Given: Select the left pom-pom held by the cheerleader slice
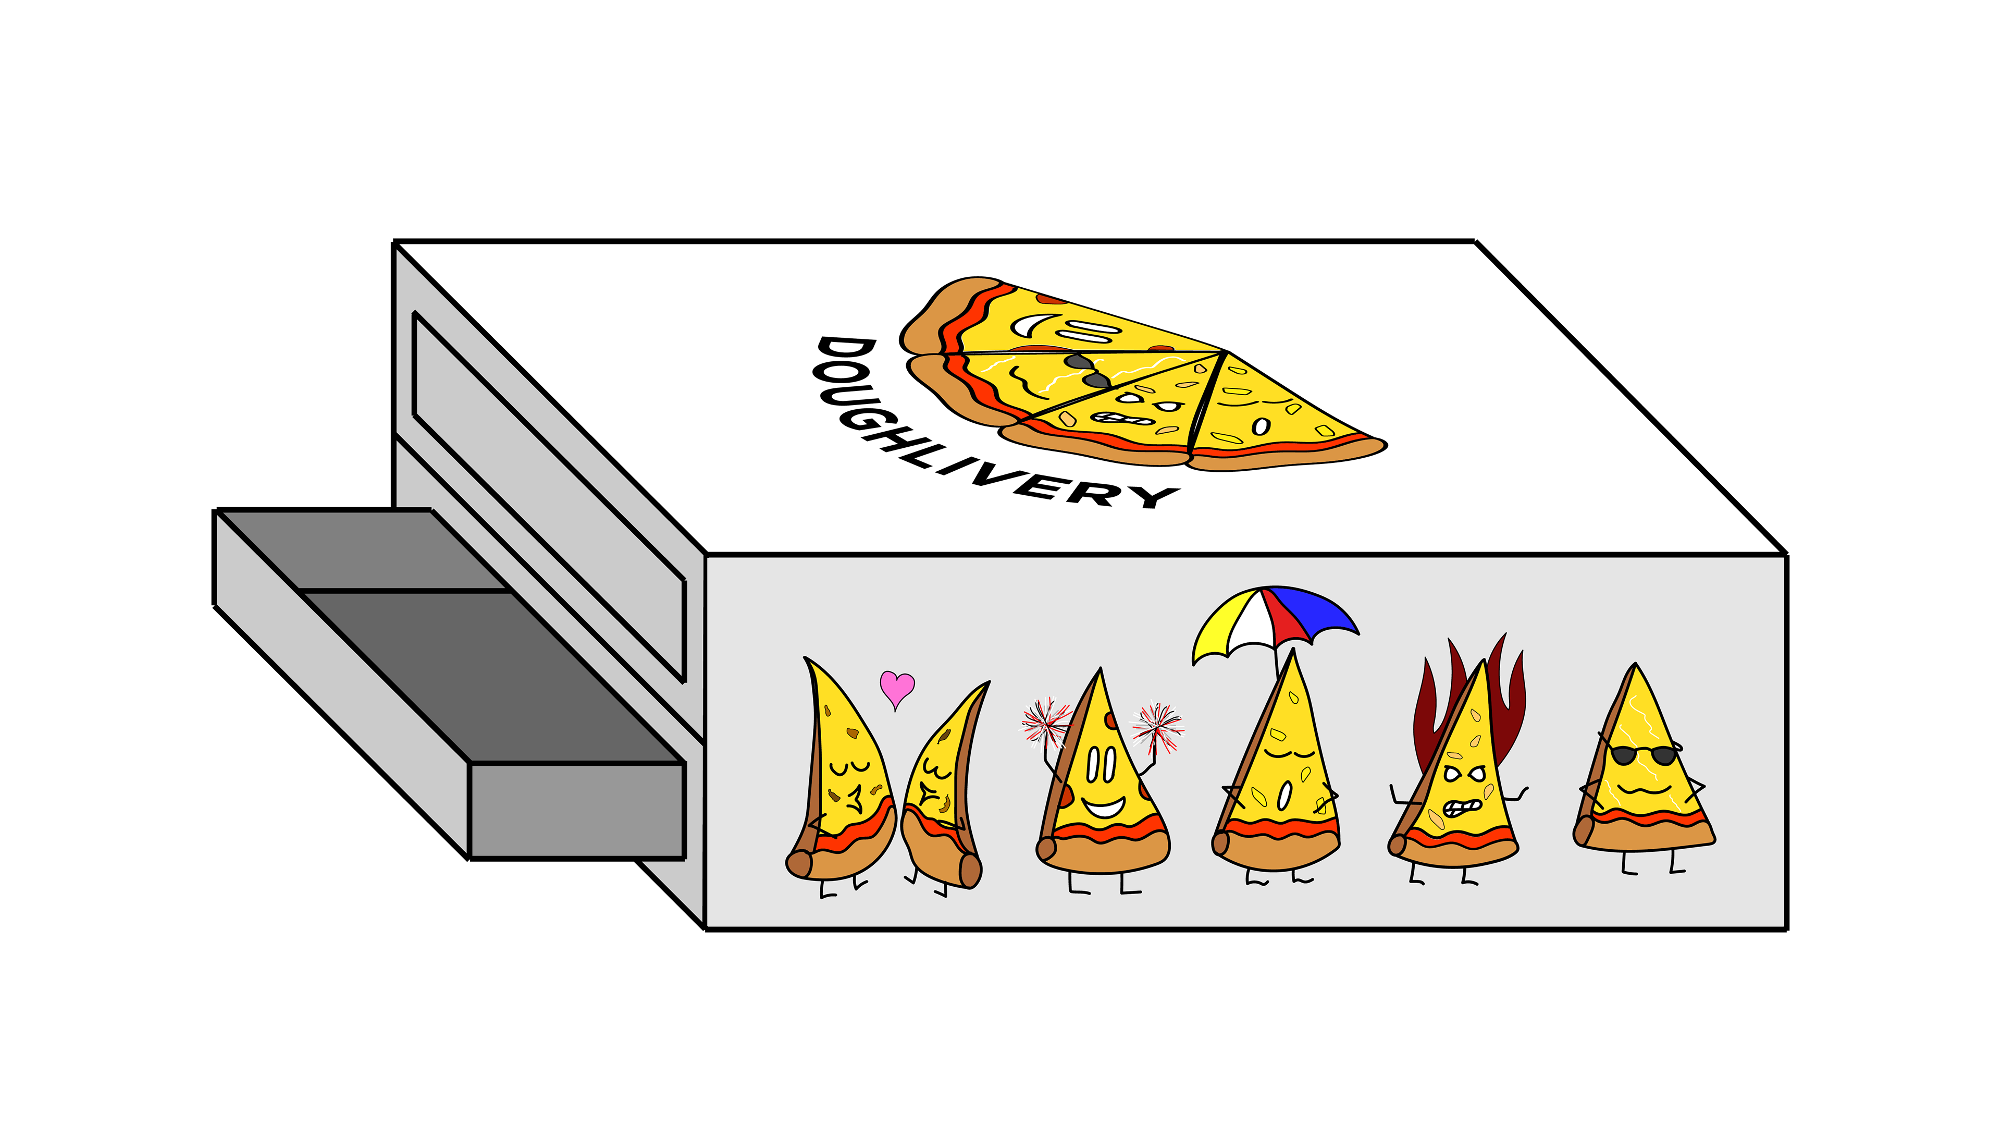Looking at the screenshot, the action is [1045, 720].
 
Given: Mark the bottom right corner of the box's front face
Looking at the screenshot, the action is [1787, 929].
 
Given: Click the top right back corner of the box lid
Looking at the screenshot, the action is [1475, 241].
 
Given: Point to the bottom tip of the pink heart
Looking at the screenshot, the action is [896, 711].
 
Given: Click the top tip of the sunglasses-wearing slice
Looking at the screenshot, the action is [1636, 664].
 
